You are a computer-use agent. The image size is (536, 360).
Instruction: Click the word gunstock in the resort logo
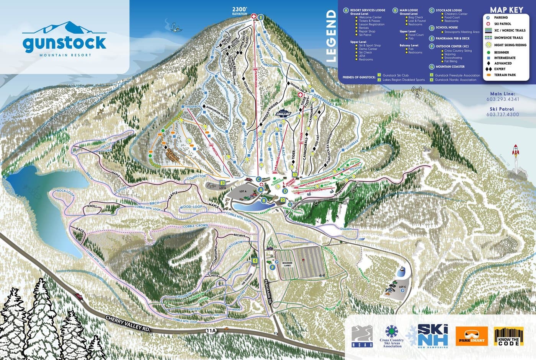tap(64, 43)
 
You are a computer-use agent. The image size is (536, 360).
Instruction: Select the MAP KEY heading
tap(506, 10)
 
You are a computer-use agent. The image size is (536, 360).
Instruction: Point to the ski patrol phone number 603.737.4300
tap(503, 114)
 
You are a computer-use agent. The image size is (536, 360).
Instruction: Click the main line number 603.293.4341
tap(503, 99)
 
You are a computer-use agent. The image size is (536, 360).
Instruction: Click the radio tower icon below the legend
tap(417, 92)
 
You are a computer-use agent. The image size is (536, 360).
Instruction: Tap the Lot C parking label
tap(402, 287)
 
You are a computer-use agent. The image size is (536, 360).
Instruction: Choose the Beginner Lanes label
tap(287, 264)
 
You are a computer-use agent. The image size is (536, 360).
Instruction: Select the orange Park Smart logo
tap(472, 336)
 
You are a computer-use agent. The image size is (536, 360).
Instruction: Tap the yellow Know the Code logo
tap(508, 336)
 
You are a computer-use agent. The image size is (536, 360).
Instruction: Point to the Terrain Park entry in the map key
tap(505, 75)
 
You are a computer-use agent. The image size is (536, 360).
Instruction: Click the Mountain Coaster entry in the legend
tap(450, 67)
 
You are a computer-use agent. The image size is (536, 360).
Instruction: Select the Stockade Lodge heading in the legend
tap(448, 10)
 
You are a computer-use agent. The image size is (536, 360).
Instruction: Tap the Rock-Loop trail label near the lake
tap(65, 191)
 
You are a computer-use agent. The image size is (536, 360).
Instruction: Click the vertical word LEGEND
tap(331, 36)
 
